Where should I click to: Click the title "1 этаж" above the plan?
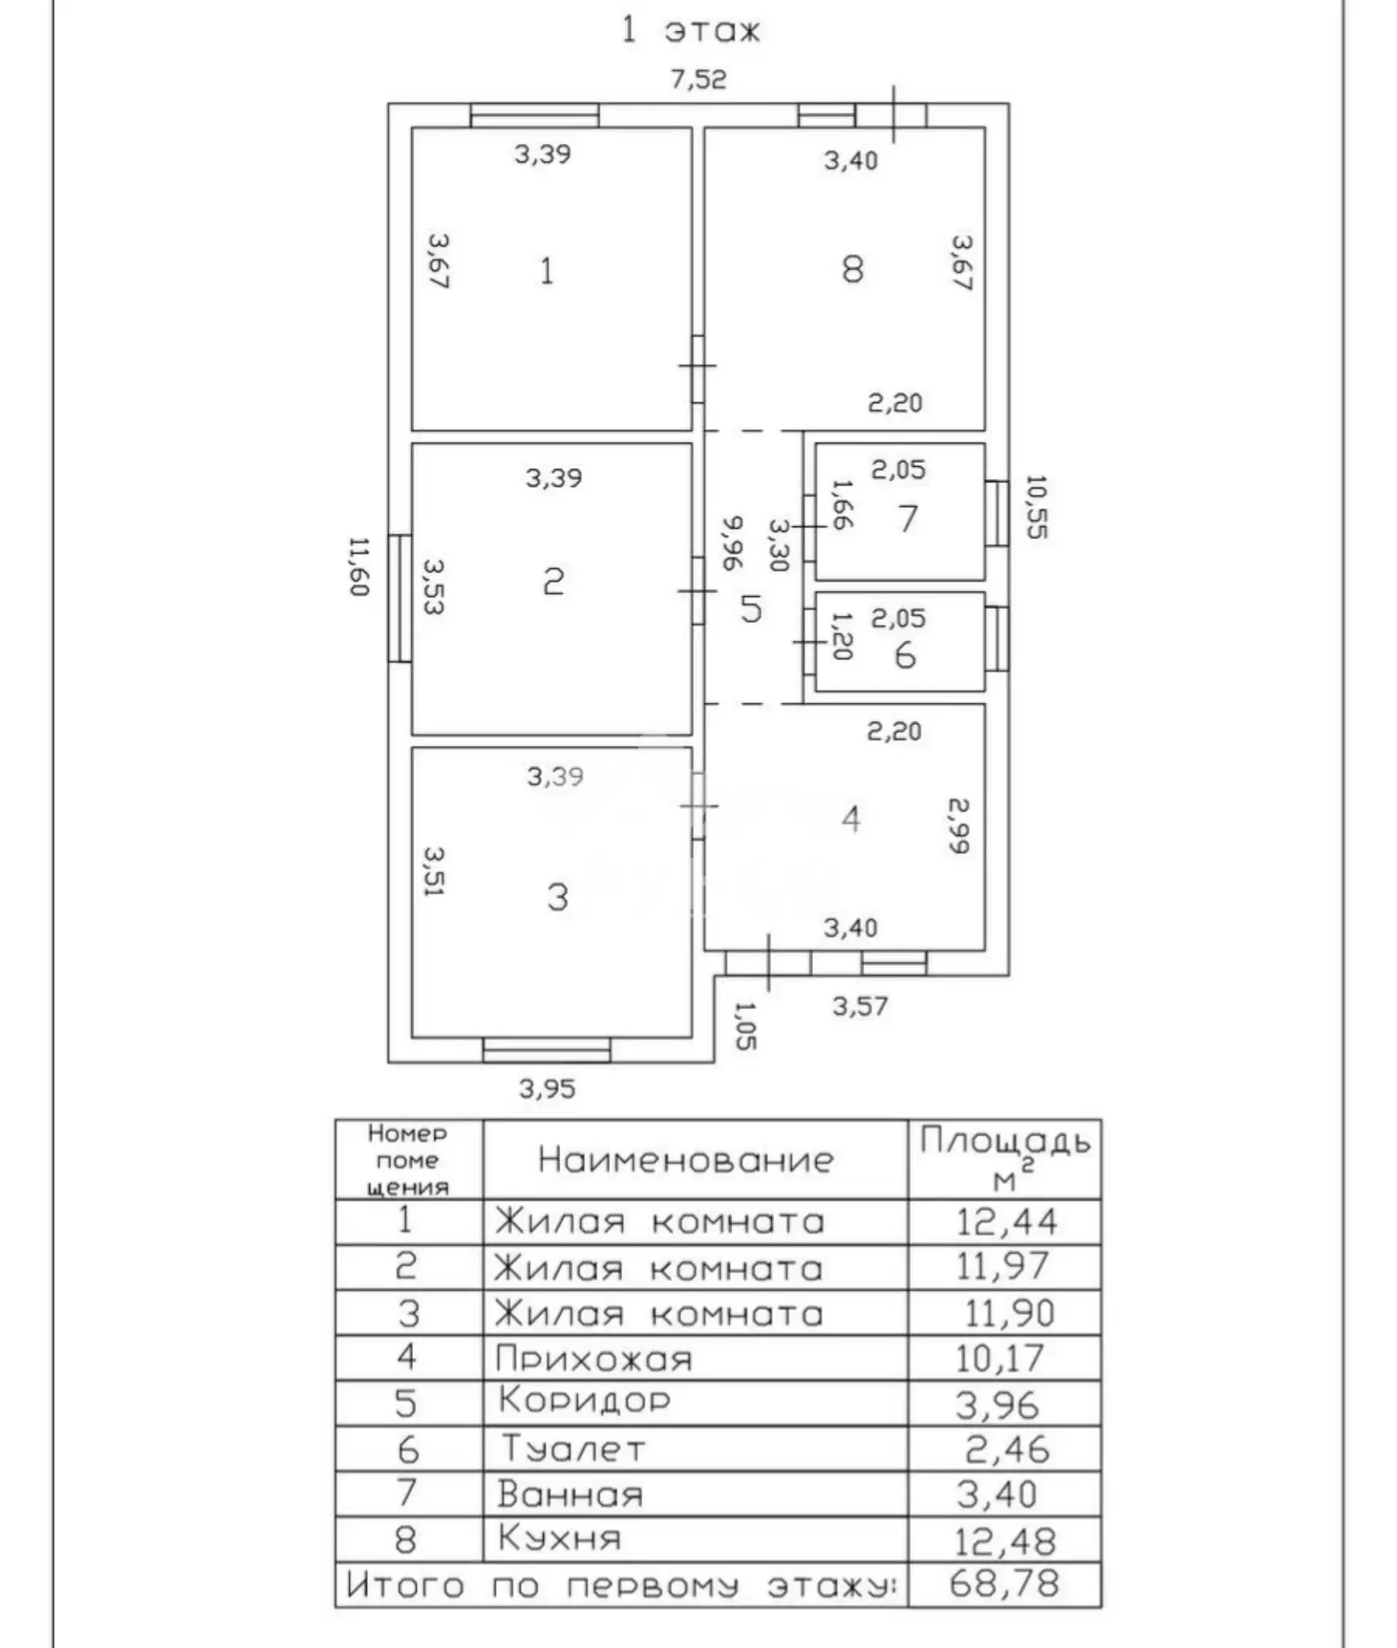coord(691,31)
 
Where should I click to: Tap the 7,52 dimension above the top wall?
coord(698,80)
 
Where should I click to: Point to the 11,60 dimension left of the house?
coord(359,566)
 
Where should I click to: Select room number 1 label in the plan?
coord(547,271)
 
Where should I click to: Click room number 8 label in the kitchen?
coord(852,270)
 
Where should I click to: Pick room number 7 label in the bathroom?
coord(908,518)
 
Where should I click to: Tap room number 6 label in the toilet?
coord(905,656)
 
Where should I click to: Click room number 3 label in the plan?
coord(558,898)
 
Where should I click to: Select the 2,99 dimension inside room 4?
coord(959,826)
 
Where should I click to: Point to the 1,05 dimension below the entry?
coord(745,1026)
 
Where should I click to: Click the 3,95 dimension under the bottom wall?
coord(547,1089)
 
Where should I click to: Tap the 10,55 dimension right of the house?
coord(1037,506)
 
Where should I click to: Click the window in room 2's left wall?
coord(400,598)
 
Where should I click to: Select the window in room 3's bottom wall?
coord(547,1051)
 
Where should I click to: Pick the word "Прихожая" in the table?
coord(594,1359)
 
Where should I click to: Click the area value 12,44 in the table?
coord(1007,1221)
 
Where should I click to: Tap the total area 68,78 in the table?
coord(1005,1584)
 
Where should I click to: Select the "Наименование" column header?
coord(686,1160)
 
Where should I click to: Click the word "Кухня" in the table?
coord(559,1537)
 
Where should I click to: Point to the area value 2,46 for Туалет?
coord(1007,1450)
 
